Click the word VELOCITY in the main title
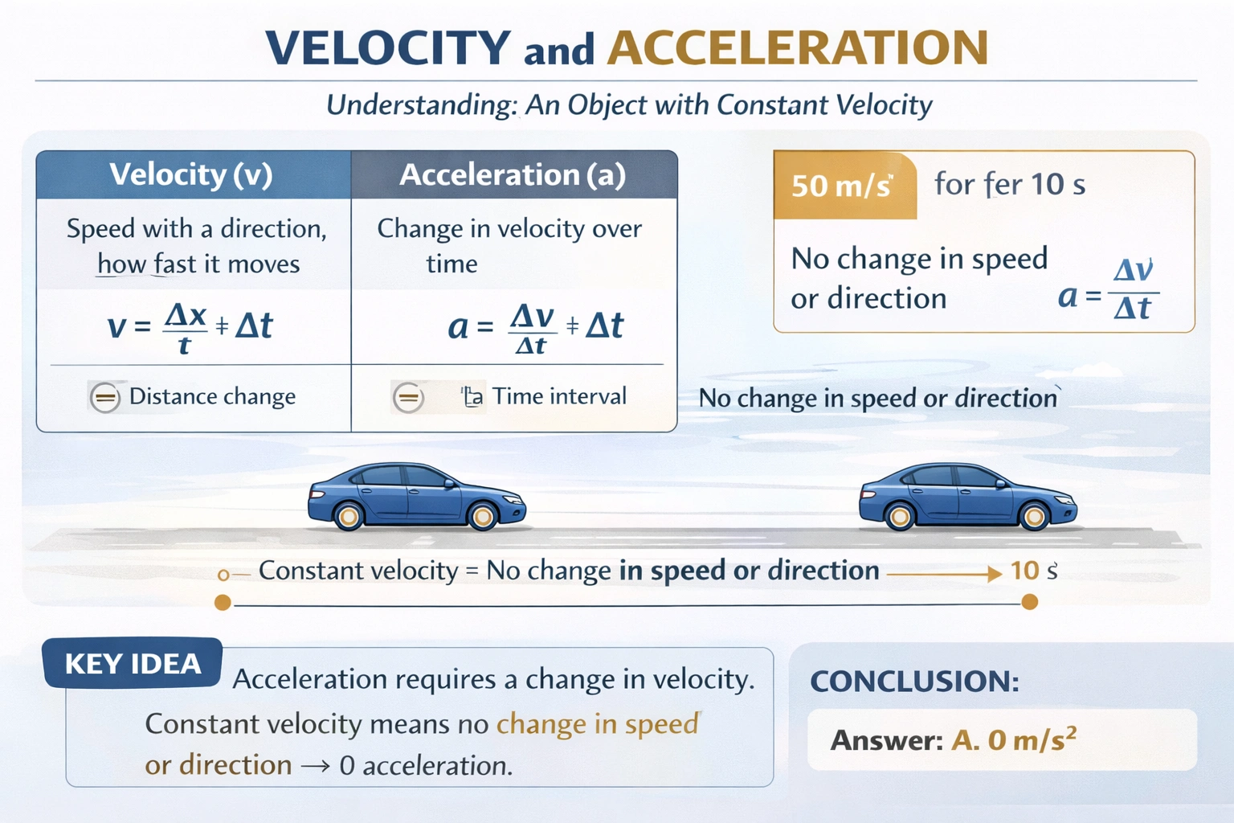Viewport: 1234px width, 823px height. click(x=388, y=47)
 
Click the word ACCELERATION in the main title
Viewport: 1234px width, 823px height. click(x=798, y=47)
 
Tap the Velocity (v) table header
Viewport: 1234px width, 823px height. click(x=191, y=174)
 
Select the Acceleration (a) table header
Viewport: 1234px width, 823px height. click(x=513, y=174)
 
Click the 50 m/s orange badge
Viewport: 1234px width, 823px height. click(x=843, y=186)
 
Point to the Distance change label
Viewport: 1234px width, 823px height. click(x=212, y=396)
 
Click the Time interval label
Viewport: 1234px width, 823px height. click(x=559, y=396)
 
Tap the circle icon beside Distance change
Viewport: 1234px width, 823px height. click(x=104, y=397)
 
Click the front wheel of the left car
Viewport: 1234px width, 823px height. click(x=483, y=516)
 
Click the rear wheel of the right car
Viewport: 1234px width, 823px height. click(x=900, y=516)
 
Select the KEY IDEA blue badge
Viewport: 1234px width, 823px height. click(x=133, y=664)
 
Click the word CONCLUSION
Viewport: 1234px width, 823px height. click(x=914, y=682)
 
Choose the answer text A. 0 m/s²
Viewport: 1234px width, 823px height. click(x=1013, y=739)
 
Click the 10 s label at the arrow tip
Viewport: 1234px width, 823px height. click(x=1033, y=571)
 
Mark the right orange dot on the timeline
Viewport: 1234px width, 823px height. click(x=1029, y=602)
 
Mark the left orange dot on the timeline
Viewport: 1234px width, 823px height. click(x=223, y=603)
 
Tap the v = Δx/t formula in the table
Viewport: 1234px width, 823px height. click(x=190, y=327)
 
